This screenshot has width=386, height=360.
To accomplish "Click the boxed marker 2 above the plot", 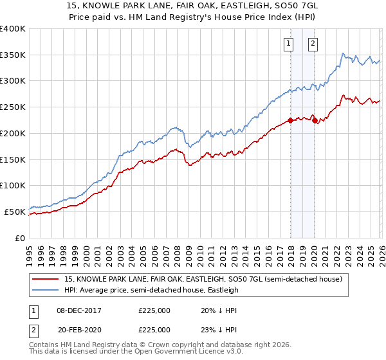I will tap(313, 44).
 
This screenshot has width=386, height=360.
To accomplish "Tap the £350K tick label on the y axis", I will tap(14, 55).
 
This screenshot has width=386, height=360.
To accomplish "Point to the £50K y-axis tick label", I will tap(15, 212).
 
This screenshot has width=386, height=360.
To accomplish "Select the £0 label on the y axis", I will tap(21, 238).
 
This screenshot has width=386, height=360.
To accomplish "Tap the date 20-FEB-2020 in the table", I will tap(80, 329).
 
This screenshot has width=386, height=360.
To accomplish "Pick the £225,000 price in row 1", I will tap(154, 310).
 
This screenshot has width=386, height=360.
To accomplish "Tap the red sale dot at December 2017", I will tap(290, 120).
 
